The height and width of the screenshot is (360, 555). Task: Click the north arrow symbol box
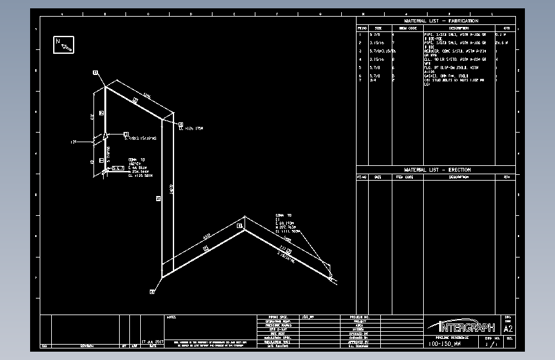(x=64, y=44)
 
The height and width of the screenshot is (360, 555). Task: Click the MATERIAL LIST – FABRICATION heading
(x=441, y=21)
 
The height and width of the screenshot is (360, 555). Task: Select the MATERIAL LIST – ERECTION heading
(x=437, y=170)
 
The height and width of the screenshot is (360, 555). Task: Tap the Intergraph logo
(x=460, y=326)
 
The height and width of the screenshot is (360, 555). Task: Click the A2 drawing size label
(x=509, y=328)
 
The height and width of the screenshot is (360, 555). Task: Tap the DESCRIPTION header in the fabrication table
(x=458, y=28)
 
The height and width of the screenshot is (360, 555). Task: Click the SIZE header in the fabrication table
(x=378, y=28)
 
